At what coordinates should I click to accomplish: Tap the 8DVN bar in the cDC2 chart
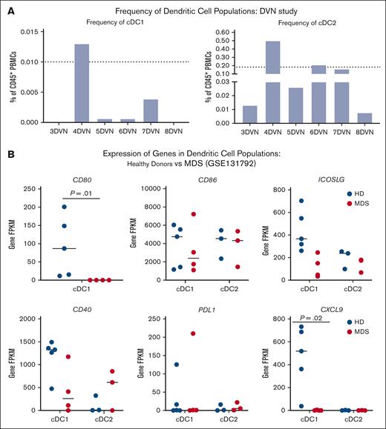click(x=343, y=117)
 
